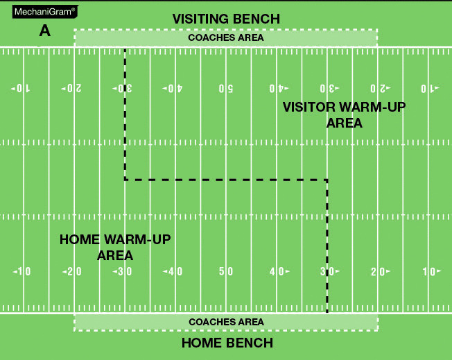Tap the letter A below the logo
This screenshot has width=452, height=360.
point(46,31)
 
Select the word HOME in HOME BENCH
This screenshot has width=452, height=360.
point(202,343)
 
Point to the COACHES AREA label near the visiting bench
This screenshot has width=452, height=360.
point(226,37)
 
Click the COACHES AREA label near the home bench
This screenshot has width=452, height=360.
point(226,322)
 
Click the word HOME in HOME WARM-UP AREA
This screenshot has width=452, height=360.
point(80,240)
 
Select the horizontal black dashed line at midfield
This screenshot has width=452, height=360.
point(226,180)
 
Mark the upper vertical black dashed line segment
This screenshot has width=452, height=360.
point(125,114)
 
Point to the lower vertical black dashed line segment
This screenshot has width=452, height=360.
point(327,246)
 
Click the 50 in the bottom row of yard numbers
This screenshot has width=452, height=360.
point(226,271)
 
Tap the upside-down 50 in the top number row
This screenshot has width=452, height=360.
point(226,89)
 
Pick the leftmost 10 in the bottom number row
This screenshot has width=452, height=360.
point(22,271)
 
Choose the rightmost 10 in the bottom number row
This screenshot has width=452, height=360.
point(429,271)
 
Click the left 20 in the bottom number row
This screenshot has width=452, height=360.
point(73,271)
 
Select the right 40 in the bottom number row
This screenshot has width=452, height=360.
point(277,271)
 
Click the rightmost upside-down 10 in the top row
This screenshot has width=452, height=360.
point(430,89)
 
